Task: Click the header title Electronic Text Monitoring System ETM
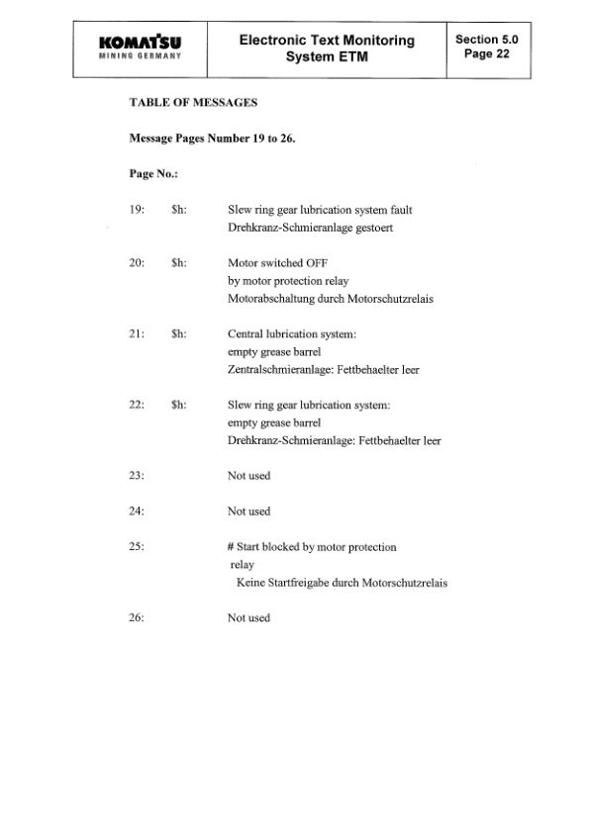pos(327,47)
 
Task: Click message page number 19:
pos(138,210)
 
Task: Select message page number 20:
pos(138,264)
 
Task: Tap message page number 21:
pos(138,334)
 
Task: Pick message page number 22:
pos(138,405)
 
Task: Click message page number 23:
pos(138,476)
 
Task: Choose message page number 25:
pos(138,547)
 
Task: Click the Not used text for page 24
pos(248,511)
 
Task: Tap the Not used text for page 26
pos(248,618)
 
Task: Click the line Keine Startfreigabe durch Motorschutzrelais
pos(342,583)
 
